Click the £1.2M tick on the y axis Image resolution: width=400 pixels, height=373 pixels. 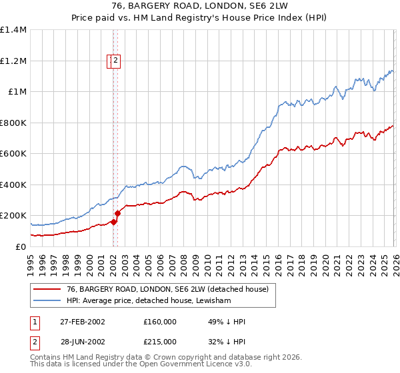13,61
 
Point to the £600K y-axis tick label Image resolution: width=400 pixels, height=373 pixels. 13,154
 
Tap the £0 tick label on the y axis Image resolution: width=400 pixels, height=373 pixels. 20,246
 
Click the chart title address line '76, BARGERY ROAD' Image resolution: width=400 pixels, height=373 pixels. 199,7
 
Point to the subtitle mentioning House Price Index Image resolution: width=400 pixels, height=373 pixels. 199,19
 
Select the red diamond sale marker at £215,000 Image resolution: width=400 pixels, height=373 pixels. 117,214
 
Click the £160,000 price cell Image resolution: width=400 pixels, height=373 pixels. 160,322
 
